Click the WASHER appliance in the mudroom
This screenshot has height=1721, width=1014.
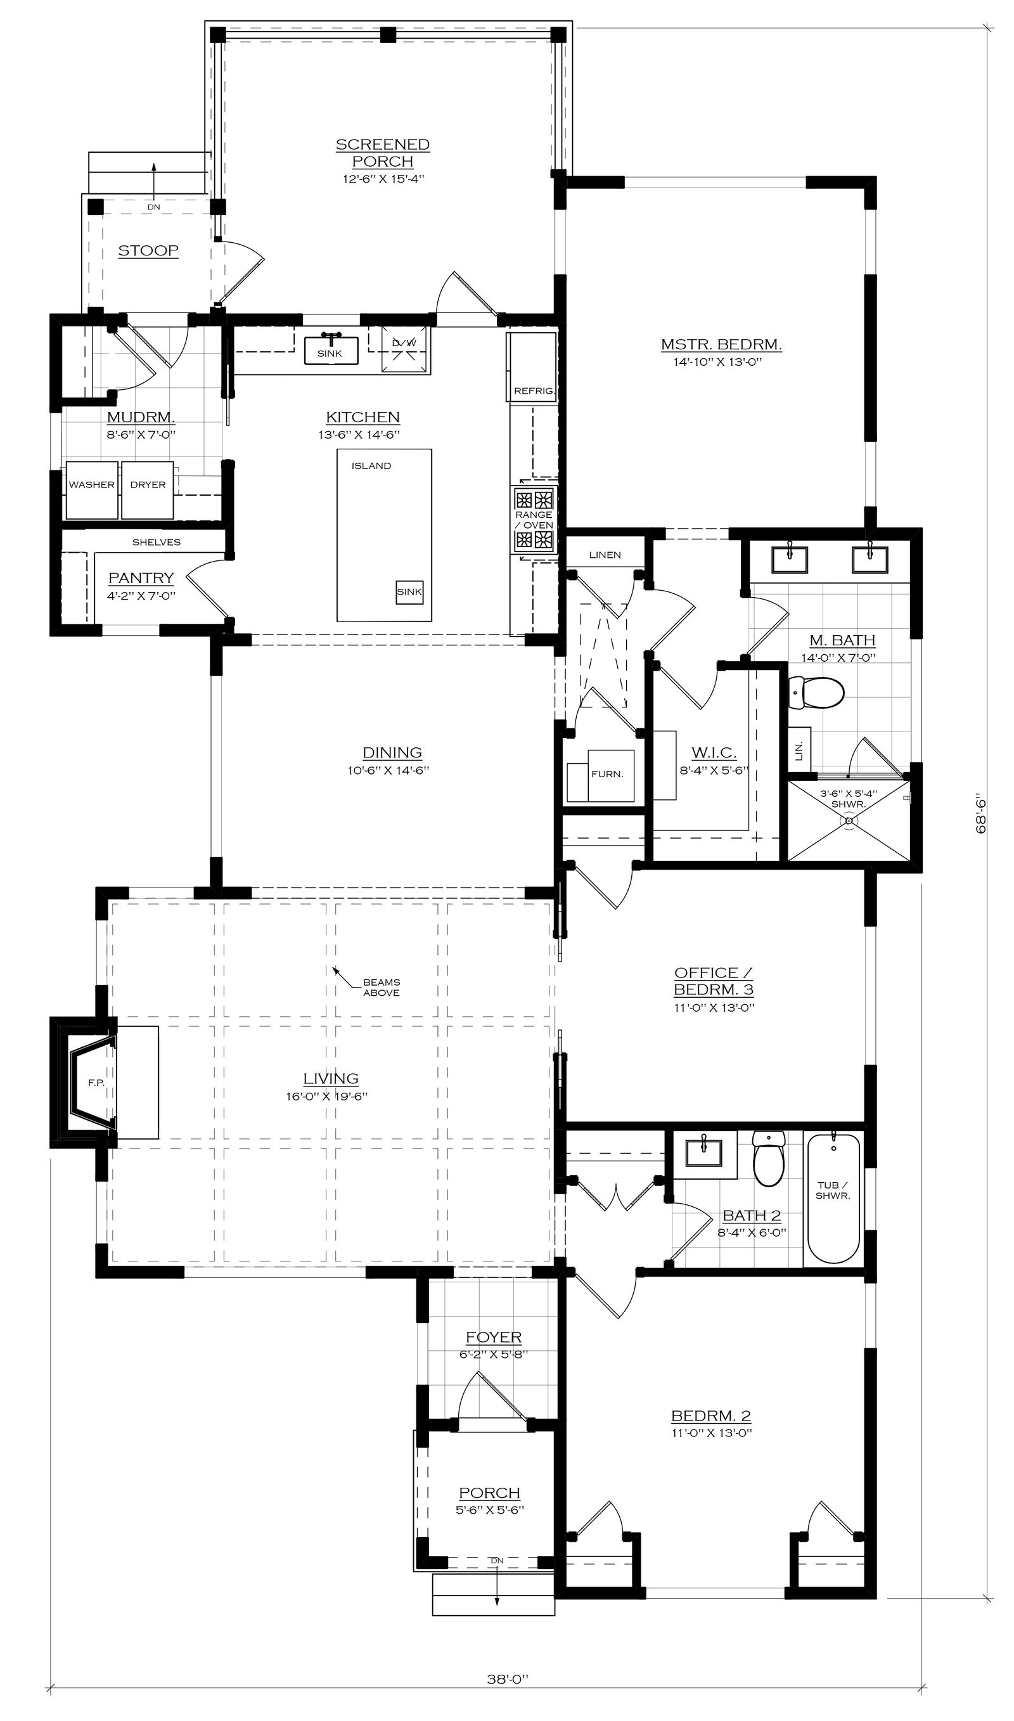pyautogui.click(x=91, y=490)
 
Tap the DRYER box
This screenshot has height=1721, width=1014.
pyautogui.click(x=148, y=490)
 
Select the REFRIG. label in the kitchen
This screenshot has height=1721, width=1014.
pyautogui.click(x=534, y=392)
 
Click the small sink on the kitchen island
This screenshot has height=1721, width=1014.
pyautogui.click(x=409, y=591)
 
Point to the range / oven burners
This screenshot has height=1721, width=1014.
pyautogui.click(x=534, y=520)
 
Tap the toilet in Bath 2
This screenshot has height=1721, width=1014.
pyautogui.click(x=769, y=1158)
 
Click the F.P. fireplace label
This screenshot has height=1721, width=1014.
pyautogui.click(x=96, y=1083)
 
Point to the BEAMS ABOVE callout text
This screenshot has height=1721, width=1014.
pyautogui.click(x=382, y=988)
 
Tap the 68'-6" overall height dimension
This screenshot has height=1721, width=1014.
pyautogui.click(x=982, y=813)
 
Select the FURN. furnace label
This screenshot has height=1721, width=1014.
pyautogui.click(x=606, y=774)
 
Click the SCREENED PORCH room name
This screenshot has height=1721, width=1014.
pyautogui.click(x=383, y=153)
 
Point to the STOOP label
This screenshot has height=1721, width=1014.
pyautogui.click(x=148, y=251)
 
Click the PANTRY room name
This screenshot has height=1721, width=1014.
pyautogui.click(x=141, y=578)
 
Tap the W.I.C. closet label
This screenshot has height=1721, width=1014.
pyautogui.click(x=714, y=753)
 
